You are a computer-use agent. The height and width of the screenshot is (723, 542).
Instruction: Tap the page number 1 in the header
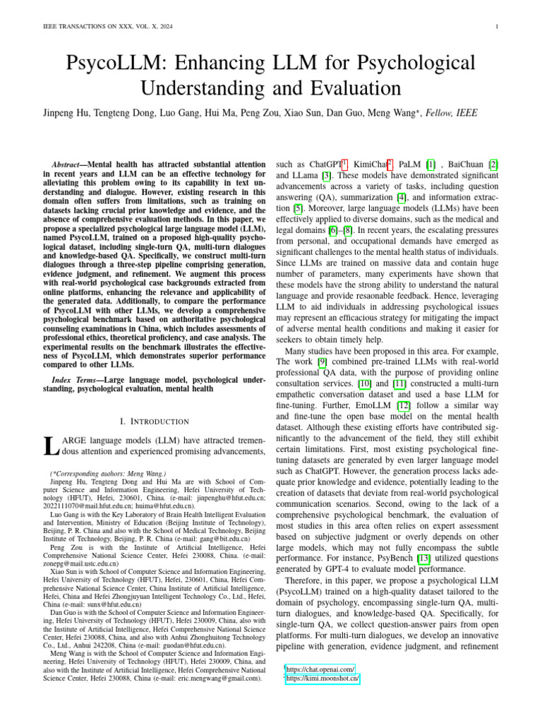[498, 28]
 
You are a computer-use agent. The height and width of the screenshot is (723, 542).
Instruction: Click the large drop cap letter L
[49, 446]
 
